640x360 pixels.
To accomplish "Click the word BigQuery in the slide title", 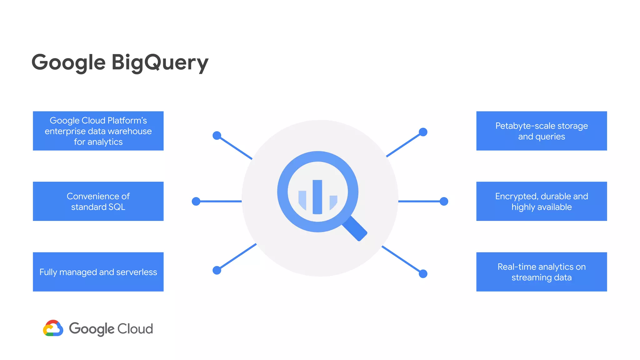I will point(160,62).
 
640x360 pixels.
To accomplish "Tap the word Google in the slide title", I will point(68,62).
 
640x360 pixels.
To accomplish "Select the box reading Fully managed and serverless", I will point(98,272).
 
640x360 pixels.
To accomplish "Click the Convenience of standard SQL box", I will point(98,201).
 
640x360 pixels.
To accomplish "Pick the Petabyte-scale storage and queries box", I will point(542,131).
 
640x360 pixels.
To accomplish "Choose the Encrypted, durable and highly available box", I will point(542,201).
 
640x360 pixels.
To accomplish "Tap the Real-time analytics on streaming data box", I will point(542,272).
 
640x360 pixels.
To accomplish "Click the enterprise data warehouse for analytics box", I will point(98,131).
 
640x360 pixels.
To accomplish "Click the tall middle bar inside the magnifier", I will point(317,197).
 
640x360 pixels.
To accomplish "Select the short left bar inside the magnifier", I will point(302,199).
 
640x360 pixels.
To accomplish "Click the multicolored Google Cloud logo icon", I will point(53,328).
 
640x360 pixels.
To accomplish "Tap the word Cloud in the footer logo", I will point(135,329).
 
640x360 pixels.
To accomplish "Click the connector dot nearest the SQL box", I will point(196,201).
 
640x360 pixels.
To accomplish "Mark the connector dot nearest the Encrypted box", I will point(444,201).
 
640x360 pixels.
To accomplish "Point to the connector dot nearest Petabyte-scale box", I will point(423,132).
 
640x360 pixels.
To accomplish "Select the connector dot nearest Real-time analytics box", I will point(423,274).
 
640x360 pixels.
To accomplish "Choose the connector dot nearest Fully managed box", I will point(217,270).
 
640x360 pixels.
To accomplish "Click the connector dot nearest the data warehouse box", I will point(217,135).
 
